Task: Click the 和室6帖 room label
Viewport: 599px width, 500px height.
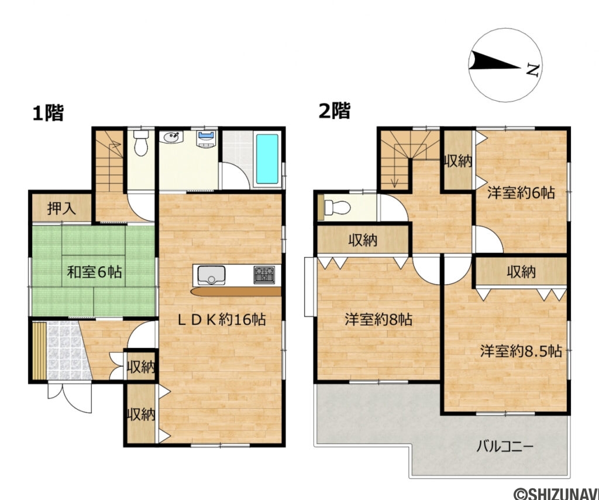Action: point(95,272)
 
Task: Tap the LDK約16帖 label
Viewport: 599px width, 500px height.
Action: point(222,319)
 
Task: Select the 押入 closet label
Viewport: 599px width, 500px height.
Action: point(61,209)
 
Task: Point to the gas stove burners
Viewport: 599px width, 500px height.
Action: point(263,274)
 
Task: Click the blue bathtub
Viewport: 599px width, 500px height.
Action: point(268,159)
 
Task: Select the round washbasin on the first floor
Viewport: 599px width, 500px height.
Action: point(172,138)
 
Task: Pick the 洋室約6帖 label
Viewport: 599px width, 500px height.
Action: point(522,193)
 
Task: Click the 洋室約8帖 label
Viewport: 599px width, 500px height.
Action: point(378,320)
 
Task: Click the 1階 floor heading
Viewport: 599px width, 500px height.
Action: point(48,112)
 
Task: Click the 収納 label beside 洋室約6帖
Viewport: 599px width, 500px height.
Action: point(457,160)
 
